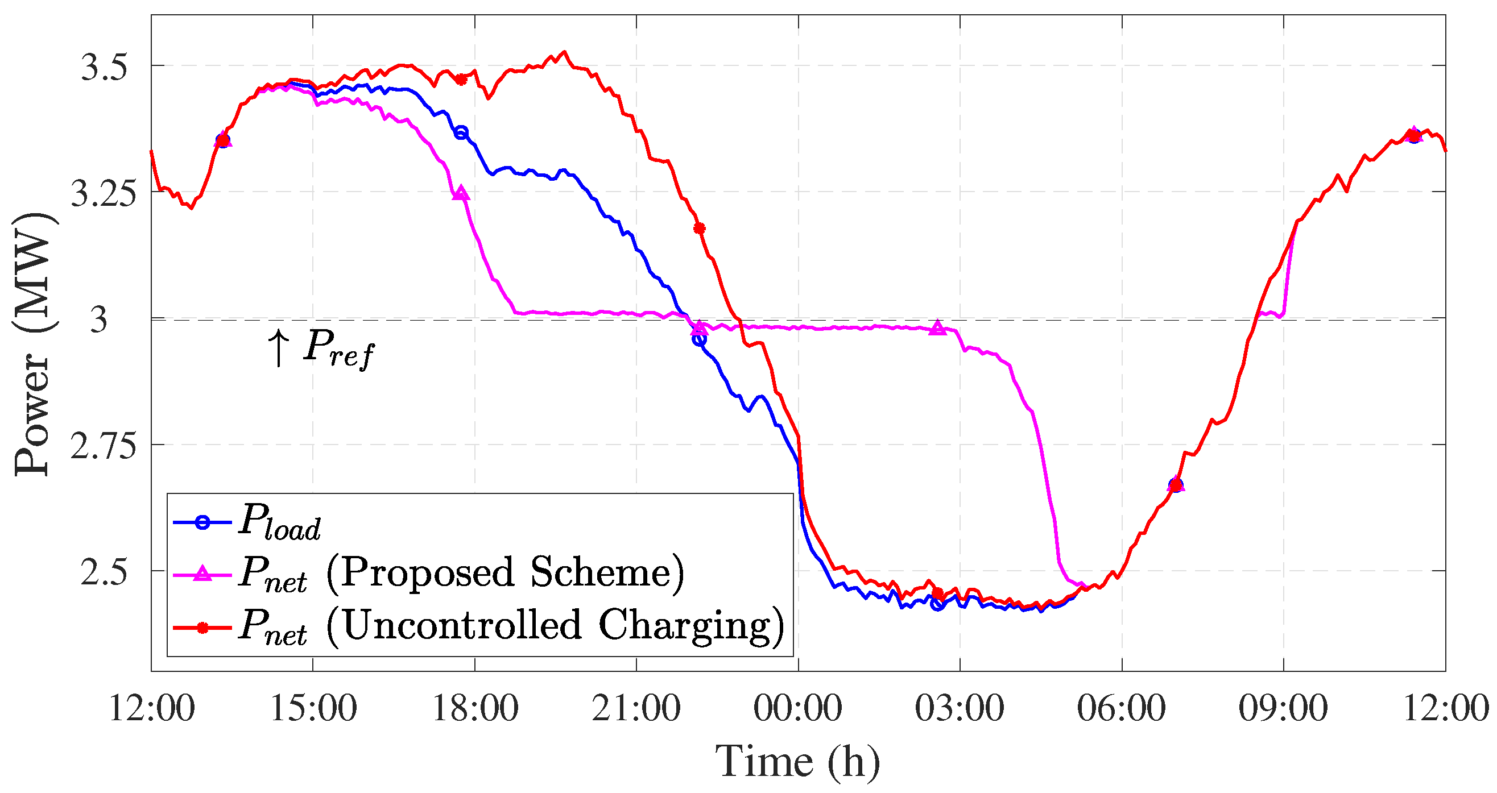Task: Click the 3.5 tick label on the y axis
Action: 104,68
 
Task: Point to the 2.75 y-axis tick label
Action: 104,447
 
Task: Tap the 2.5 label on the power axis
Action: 104,573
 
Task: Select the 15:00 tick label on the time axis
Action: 313,709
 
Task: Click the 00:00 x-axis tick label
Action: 798,709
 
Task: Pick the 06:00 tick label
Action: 1121,709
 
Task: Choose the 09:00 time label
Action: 1283,709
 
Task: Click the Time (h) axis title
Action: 797,761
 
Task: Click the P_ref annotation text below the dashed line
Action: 339,348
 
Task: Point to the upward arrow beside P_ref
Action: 278,348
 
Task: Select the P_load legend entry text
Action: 279,522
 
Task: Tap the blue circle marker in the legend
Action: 202,522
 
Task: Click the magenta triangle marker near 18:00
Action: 461,193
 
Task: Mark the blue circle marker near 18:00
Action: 461,132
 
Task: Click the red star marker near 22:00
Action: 699,229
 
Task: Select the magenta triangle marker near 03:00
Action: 937,327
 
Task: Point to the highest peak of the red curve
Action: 564,52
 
